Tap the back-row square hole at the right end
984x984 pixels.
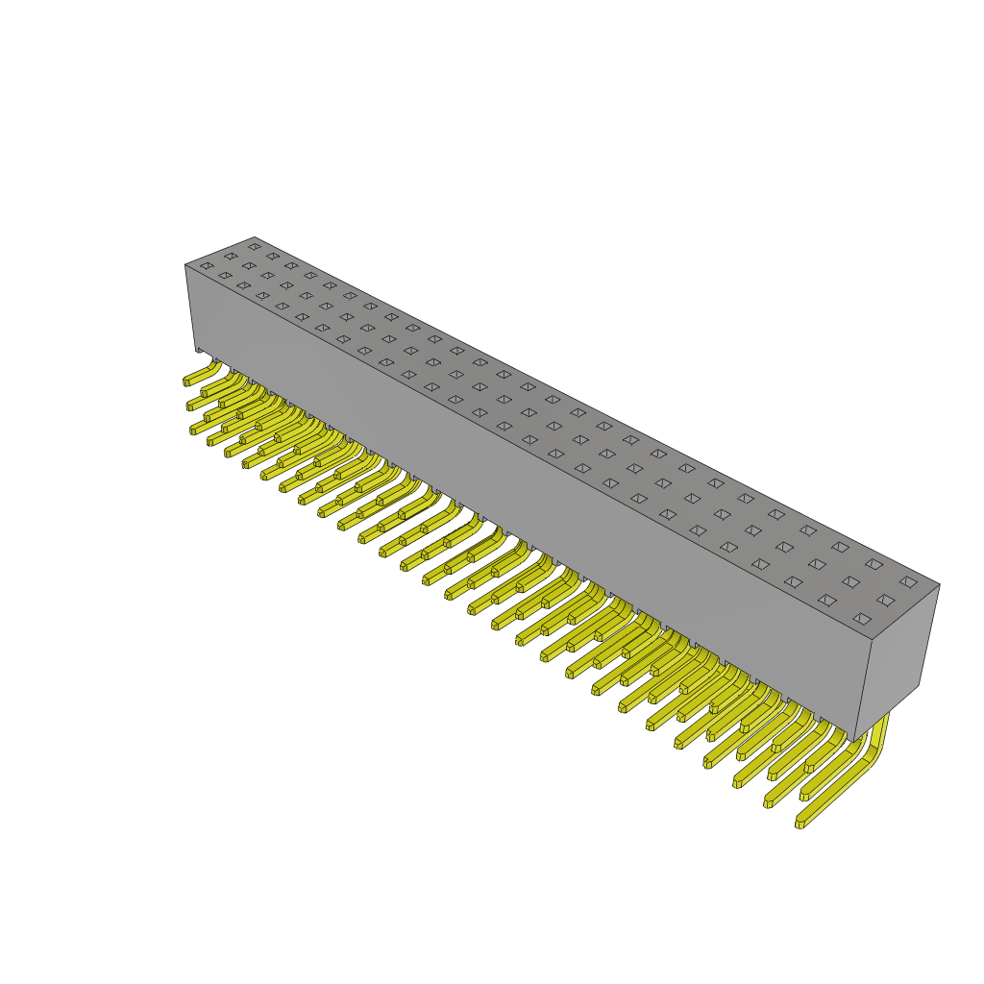point(908,581)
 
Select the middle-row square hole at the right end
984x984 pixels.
point(885,600)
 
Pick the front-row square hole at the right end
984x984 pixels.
point(862,619)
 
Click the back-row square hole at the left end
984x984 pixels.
point(255,246)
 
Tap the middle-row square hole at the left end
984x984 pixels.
point(231,256)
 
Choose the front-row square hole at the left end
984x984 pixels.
point(207,265)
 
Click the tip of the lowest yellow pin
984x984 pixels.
point(799,824)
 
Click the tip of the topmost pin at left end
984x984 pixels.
point(187,381)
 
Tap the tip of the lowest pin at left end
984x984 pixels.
point(193,430)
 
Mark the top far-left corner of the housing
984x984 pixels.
point(255,237)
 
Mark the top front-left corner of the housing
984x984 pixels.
point(185,265)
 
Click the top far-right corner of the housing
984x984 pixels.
point(939,584)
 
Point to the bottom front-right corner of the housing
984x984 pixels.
point(854,741)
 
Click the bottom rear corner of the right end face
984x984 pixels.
point(919,684)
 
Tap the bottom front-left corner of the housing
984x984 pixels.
point(196,350)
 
